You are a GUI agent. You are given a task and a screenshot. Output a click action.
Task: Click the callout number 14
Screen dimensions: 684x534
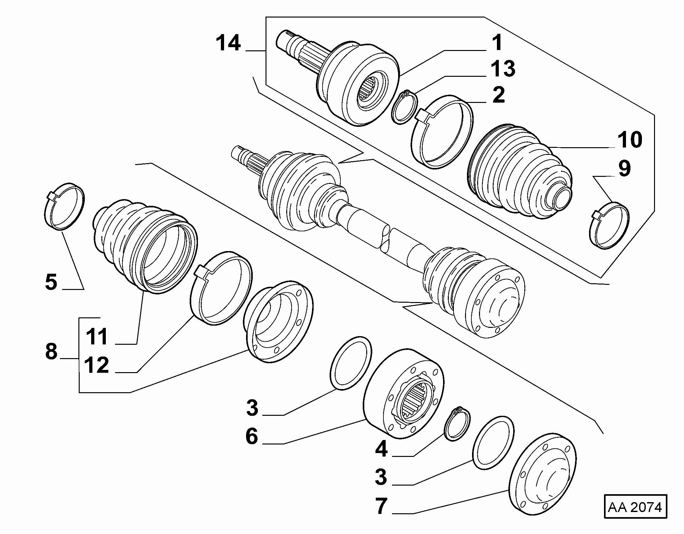point(228,43)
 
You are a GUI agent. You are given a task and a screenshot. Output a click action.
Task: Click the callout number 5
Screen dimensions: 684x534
point(51,282)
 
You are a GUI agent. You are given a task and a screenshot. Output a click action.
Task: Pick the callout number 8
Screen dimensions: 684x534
point(51,351)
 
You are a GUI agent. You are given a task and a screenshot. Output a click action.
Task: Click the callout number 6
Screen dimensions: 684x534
point(252,436)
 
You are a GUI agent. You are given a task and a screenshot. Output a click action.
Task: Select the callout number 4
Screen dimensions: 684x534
point(382,449)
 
